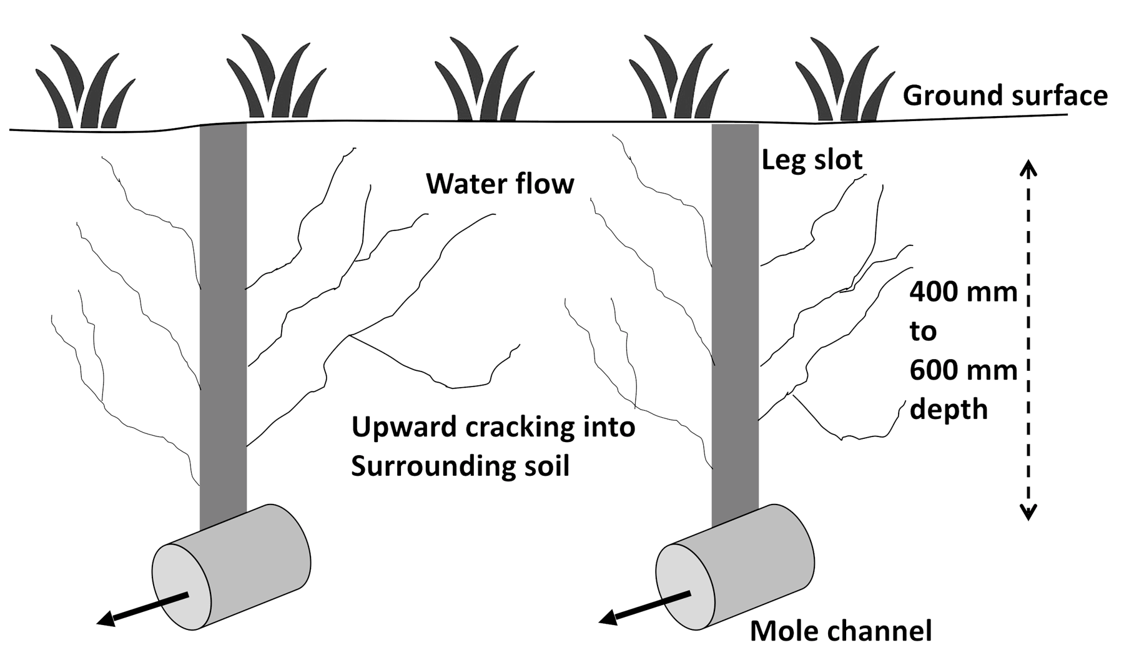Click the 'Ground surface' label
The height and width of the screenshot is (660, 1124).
pyautogui.click(x=1005, y=96)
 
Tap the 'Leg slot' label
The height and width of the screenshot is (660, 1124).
pyautogui.click(x=812, y=160)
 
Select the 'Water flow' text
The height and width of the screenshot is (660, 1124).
pyautogui.click(x=500, y=184)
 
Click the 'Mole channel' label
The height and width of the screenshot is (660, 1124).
pyautogui.click(x=841, y=631)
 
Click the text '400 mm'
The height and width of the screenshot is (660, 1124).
pyautogui.click(x=963, y=292)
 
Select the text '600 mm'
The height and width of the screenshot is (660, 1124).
pyautogui.click(x=963, y=370)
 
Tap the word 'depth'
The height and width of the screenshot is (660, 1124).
pyautogui.click(x=949, y=410)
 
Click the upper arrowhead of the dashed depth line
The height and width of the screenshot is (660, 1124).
pyautogui.click(x=1028, y=167)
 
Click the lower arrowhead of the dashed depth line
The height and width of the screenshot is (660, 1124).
pyautogui.click(x=1028, y=512)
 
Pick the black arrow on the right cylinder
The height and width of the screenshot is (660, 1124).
pyautogui.click(x=644, y=606)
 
